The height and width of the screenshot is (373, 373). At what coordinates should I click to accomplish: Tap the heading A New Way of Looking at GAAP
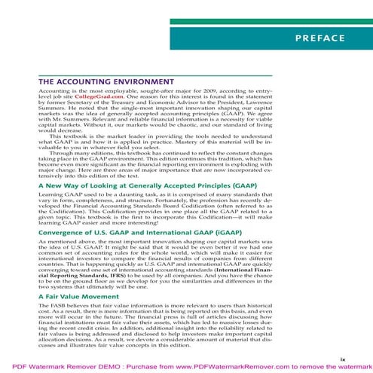point(136,184)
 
